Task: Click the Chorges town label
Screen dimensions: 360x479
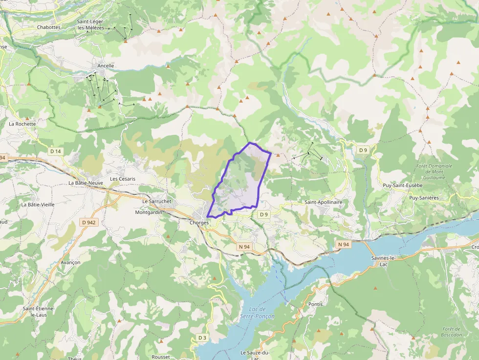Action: (x=199, y=223)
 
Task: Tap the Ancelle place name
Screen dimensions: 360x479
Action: (x=106, y=65)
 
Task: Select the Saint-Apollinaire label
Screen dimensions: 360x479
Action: (x=323, y=202)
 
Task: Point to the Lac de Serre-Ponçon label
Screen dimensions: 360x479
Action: (x=257, y=313)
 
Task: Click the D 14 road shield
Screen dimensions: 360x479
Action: (x=56, y=151)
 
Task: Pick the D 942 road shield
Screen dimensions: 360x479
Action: (x=89, y=222)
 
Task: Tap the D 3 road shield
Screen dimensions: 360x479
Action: (x=203, y=338)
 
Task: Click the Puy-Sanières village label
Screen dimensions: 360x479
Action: (x=424, y=198)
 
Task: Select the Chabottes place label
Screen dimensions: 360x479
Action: (x=49, y=27)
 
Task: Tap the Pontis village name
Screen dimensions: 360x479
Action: (x=316, y=304)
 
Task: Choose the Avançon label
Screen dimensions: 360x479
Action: (x=70, y=262)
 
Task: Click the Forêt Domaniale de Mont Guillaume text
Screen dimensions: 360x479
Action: (x=434, y=171)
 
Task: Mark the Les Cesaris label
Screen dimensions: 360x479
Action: (x=123, y=179)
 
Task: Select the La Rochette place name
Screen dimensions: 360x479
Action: (x=22, y=124)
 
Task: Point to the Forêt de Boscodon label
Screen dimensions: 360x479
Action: (x=451, y=332)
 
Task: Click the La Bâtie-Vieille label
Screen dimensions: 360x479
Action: (x=38, y=205)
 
